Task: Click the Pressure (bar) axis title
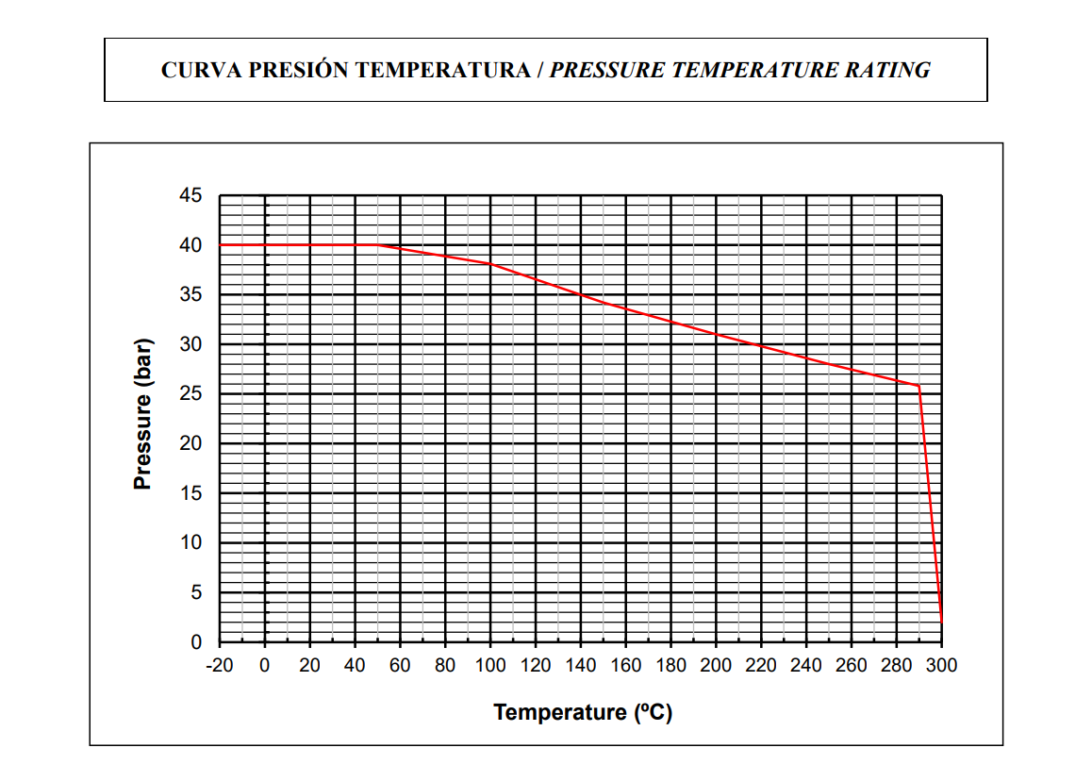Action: [142, 413]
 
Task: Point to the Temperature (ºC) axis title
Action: [583, 712]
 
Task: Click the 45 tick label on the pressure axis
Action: [190, 196]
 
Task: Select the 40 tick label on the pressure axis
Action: [190, 245]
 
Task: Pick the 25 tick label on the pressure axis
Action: [190, 394]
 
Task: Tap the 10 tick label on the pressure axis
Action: [190, 543]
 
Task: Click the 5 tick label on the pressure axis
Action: [196, 593]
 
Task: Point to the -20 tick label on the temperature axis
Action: [220, 666]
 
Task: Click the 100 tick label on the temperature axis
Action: [490, 666]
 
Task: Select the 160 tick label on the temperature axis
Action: [626, 666]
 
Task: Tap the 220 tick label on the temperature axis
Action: [761, 666]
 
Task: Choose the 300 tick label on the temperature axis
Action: [941, 666]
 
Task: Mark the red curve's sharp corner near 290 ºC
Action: [918, 386]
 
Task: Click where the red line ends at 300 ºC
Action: [941, 623]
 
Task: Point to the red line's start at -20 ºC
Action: [221, 245]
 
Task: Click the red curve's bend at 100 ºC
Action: [490, 264]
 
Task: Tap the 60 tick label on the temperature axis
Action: [400, 666]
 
